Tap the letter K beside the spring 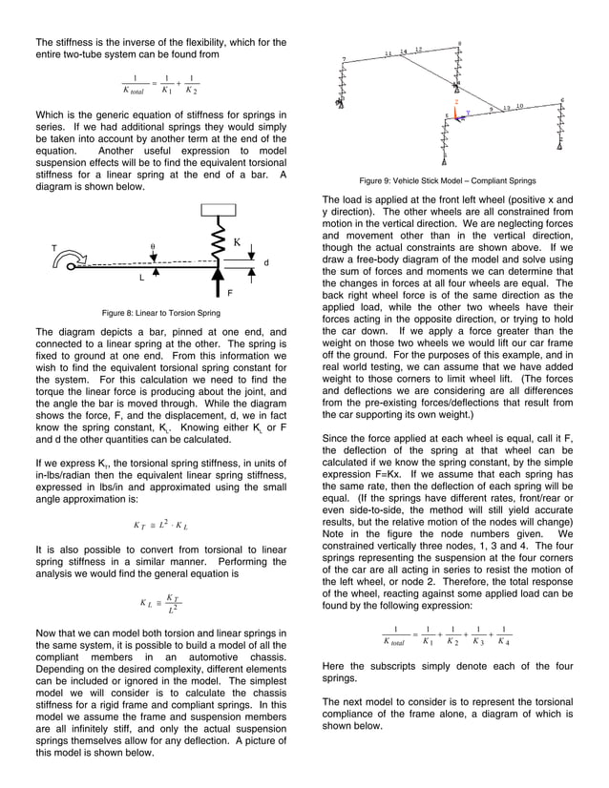coord(236,242)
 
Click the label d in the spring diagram coord(265,262)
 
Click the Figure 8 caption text coord(161,312)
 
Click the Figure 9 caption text coord(447,180)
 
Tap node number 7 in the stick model coord(344,60)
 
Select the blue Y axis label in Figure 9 coord(467,114)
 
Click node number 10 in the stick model coord(518,107)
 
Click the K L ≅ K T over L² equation coord(158,603)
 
